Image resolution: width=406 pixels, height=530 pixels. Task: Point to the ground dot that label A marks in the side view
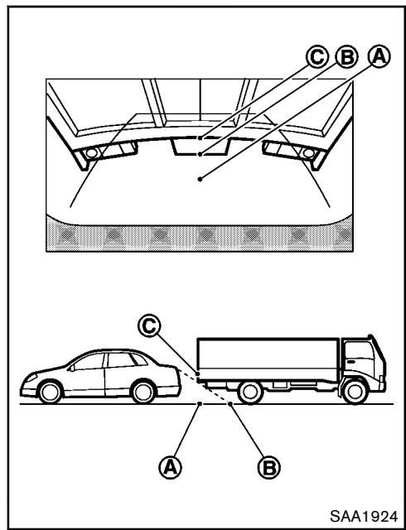[200, 403]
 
